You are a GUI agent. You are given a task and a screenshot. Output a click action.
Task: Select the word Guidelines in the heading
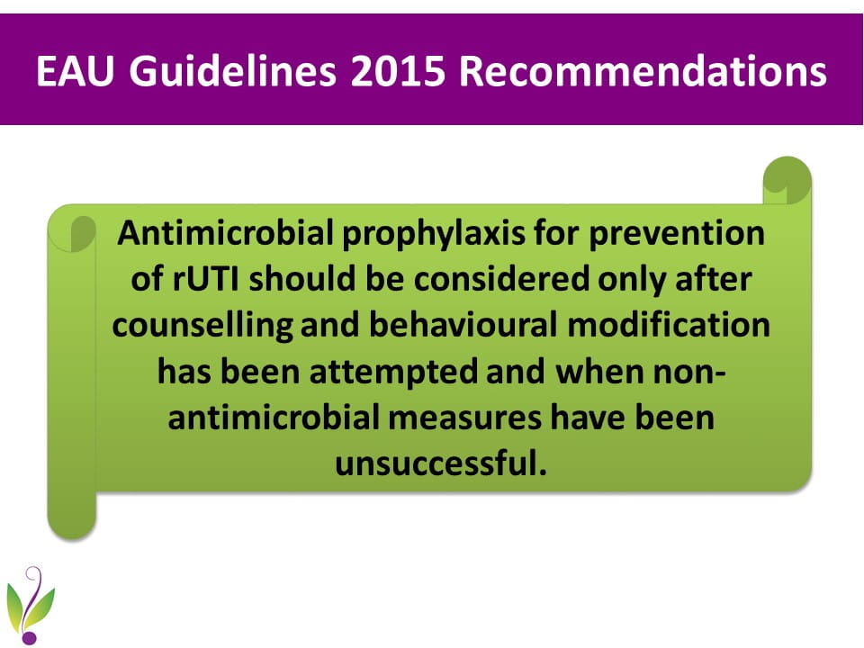click(232, 71)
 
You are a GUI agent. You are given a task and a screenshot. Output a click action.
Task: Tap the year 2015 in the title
click(397, 71)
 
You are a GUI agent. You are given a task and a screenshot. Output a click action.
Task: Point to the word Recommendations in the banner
click(643, 71)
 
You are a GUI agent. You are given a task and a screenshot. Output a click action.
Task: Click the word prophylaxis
click(434, 234)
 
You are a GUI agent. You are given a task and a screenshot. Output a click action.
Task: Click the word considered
click(501, 279)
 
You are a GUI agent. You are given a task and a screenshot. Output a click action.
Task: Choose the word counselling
click(202, 326)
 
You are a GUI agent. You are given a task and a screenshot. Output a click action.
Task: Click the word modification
click(669, 325)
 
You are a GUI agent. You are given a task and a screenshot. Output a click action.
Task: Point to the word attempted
click(393, 373)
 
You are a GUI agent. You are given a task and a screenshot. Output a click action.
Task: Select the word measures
click(464, 418)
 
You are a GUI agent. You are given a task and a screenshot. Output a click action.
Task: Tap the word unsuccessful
click(441, 463)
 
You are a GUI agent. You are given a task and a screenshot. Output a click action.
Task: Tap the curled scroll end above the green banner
click(787, 180)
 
